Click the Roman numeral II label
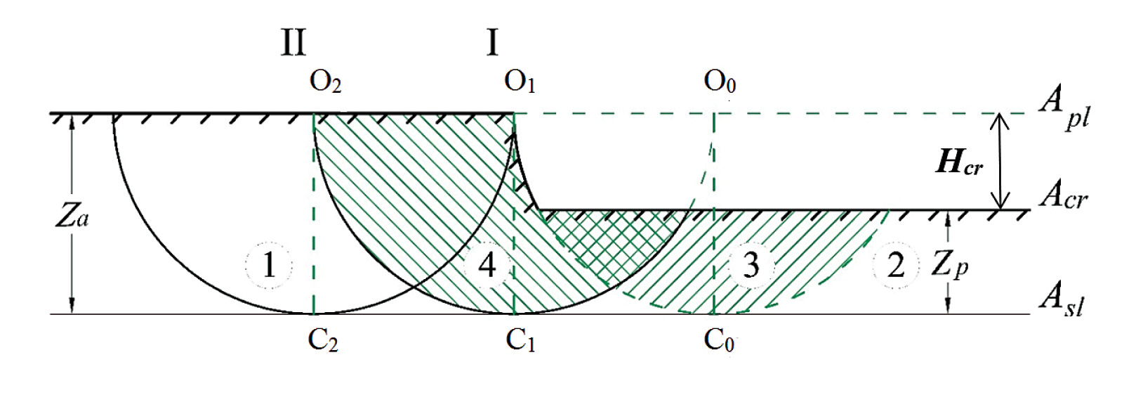(x=293, y=43)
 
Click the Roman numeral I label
(x=492, y=43)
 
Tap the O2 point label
(x=325, y=82)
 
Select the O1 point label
(x=520, y=82)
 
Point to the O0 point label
(x=720, y=82)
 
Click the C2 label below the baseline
(x=323, y=341)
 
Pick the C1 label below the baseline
(x=520, y=341)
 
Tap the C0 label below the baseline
(x=719, y=341)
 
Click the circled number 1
(x=269, y=266)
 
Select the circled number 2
(x=896, y=266)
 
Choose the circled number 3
(x=751, y=266)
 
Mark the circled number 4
(x=487, y=266)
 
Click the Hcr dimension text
(x=959, y=164)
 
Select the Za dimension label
(x=72, y=217)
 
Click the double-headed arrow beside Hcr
(x=1000, y=162)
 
